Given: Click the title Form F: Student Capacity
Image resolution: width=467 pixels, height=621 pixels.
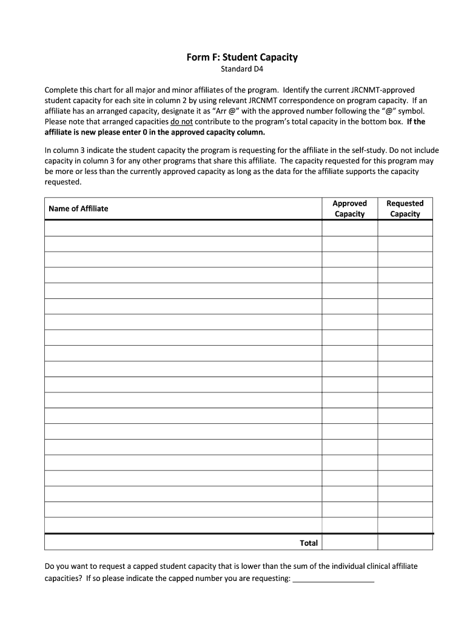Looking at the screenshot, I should click(241, 58).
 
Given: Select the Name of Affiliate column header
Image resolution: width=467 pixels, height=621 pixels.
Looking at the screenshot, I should click(78, 209).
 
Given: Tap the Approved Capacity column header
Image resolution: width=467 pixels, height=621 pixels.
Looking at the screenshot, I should click(349, 209).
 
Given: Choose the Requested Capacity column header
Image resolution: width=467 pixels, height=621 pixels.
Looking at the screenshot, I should click(405, 209).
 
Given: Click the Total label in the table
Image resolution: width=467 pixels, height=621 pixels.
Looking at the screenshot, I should click(309, 543).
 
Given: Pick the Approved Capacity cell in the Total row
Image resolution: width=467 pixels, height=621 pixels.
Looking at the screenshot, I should click(349, 542).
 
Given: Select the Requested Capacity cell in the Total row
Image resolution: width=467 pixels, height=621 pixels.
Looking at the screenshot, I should click(405, 542).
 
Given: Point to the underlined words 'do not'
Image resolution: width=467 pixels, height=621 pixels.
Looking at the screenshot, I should click(182, 121).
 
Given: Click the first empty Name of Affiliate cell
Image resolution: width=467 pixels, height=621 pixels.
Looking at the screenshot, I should click(183, 227).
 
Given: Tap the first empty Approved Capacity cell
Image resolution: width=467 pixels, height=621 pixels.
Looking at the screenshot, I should click(349, 227).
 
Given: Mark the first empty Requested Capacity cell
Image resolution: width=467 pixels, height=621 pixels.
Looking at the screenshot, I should click(405, 227).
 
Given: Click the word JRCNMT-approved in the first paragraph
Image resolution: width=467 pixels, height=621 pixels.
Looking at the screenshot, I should click(383, 90).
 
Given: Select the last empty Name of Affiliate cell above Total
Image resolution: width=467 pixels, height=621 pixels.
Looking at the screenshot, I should click(183, 525).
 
